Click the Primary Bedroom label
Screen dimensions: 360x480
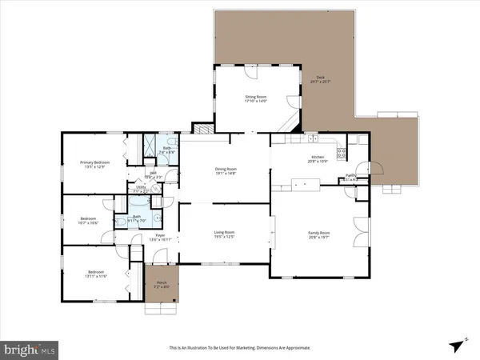tap(94, 162)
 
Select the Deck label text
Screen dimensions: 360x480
tap(319, 78)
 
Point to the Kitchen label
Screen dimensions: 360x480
tap(318, 158)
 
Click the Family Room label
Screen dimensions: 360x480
tap(319, 233)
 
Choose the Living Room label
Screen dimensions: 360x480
tap(224, 233)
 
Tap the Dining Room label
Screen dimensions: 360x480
tap(226, 169)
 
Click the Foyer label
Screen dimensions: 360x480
tap(160, 235)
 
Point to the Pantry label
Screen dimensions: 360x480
tap(350, 175)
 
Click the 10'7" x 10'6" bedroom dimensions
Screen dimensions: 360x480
tap(88, 222)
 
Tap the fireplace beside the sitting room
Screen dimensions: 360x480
tap(205, 127)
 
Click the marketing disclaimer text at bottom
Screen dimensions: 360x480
tap(239, 348)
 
